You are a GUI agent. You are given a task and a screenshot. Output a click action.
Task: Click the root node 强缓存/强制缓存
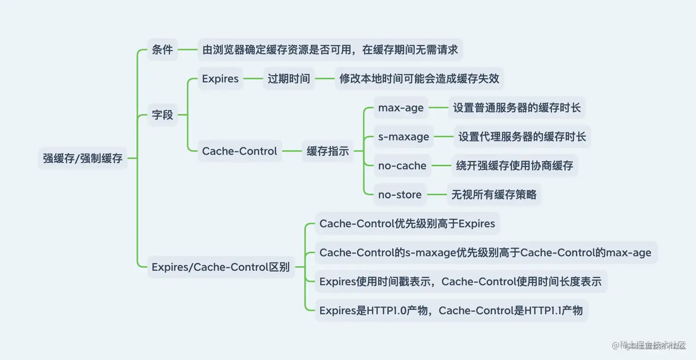point(83,158)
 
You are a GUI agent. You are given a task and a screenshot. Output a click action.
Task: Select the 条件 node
point(162,50)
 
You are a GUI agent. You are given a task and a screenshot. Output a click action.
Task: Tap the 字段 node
point(162,115)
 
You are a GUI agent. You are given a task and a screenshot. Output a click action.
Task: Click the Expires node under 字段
point(220,79)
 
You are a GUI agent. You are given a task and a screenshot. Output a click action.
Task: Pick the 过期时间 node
point(289,79)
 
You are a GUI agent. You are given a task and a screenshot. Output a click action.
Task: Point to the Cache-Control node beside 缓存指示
point(239,151)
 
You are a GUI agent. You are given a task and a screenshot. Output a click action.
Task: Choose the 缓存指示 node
point(327,151)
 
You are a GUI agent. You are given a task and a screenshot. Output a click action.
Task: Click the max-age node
point(400,108)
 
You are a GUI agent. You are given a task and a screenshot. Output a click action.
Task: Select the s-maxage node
point(403,137)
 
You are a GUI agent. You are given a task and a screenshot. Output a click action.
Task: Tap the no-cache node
point(402,166)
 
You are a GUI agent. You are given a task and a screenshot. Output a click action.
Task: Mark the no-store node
point(400,195)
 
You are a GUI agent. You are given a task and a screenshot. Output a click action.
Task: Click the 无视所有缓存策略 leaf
point(493,195)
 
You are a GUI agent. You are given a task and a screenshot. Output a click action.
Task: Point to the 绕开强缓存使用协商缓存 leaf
point(514,166)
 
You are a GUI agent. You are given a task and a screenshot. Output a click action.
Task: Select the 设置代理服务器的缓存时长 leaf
point(522,137)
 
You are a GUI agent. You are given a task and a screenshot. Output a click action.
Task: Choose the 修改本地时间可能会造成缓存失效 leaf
point(419,79)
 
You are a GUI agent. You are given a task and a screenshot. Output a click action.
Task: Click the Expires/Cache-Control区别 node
point(220,267)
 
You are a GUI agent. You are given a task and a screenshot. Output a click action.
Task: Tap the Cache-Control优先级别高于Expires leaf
point(407,224)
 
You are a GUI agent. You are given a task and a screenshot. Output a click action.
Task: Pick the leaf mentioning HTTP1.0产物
point(451,311)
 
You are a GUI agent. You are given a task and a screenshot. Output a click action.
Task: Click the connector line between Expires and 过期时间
point(253,79)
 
